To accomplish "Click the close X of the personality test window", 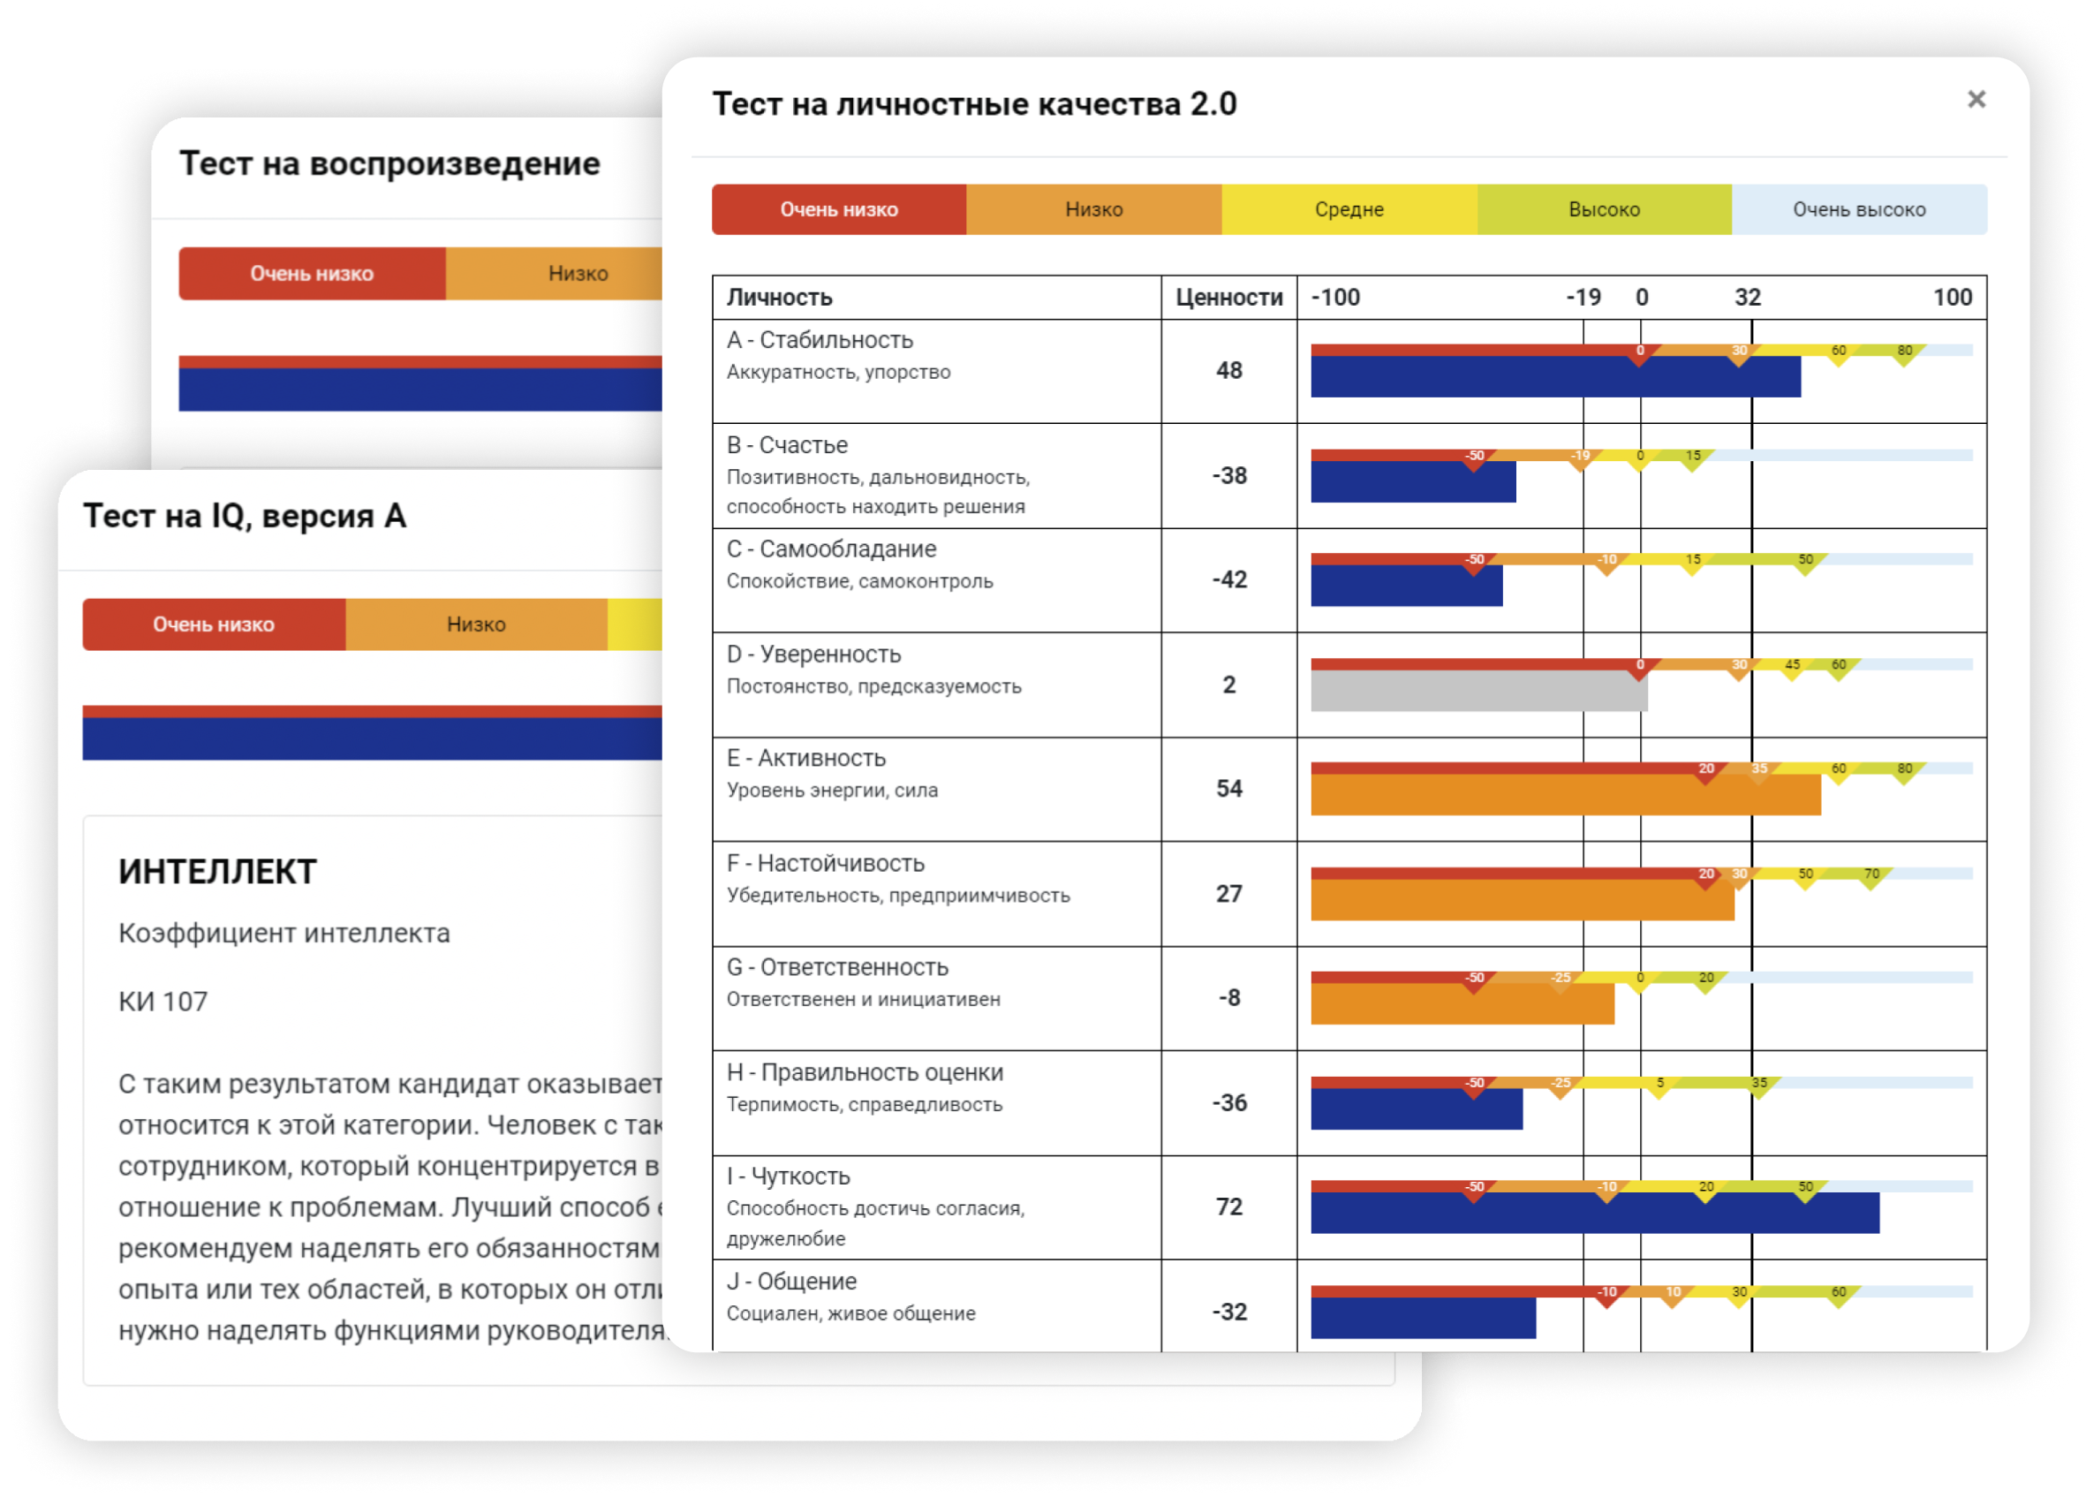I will coord(1976,99).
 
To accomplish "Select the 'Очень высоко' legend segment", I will coord(1858,209).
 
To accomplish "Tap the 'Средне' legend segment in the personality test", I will coord(1349,209).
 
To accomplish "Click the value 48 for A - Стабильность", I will coord(1228,371).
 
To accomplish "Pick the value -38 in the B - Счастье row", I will coord(1228,475).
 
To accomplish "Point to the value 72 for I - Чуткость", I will coord(1228,1207).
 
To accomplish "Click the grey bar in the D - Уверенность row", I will coord(1478,691).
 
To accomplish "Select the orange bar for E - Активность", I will coord(1565,795).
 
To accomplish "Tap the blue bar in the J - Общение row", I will coord(1422,1318).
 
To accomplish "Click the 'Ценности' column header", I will coord(1228,297).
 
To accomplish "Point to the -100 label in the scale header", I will coord(1335,297).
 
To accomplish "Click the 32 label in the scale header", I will coord(1748,297).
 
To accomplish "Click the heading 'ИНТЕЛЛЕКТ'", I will coord(217,872).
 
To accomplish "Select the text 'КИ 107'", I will coord(162,1002).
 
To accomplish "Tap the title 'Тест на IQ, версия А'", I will coord(245,516).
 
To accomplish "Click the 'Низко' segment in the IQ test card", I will coord(475,624).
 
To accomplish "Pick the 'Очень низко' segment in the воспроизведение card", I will coord(312,273).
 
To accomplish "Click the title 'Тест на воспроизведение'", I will coord(389,163).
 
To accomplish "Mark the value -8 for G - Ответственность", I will coord(1228,998).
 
